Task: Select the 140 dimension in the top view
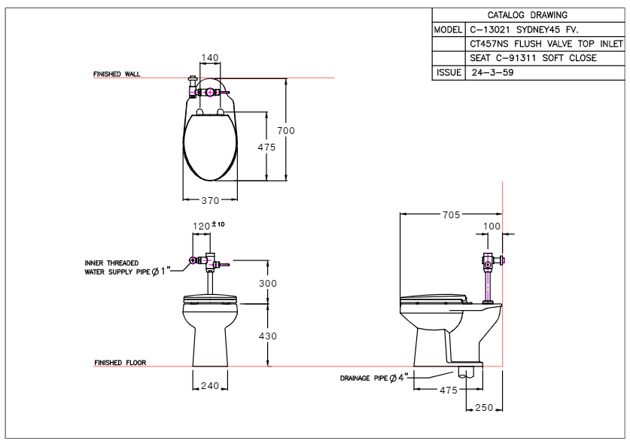[211, 57]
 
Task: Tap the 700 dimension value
[286, 131]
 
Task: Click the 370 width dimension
[211, 200]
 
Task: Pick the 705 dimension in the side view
[450, 214]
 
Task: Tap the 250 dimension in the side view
[485, 407]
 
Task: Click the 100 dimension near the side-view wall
[492, 226]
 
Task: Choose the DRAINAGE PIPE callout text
[370, 376]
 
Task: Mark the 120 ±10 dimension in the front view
[206, 226]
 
